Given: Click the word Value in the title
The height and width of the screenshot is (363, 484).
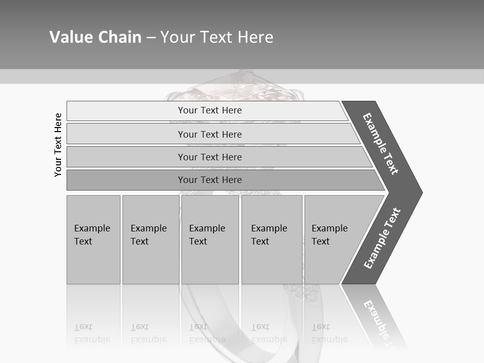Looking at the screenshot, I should [x=70, y=37].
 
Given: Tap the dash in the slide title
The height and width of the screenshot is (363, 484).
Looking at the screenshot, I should [x=151, y=38].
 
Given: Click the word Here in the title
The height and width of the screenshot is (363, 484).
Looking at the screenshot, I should [x=255, y=37].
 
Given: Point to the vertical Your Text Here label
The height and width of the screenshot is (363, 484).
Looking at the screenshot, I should [x=58, y=145].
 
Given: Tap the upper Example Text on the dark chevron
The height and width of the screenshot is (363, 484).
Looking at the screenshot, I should [x=381, y=143].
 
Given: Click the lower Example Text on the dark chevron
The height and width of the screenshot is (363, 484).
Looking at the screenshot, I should [x=382, y=238].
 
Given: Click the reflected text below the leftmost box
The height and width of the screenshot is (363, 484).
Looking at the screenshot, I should [x=92, y=334].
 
